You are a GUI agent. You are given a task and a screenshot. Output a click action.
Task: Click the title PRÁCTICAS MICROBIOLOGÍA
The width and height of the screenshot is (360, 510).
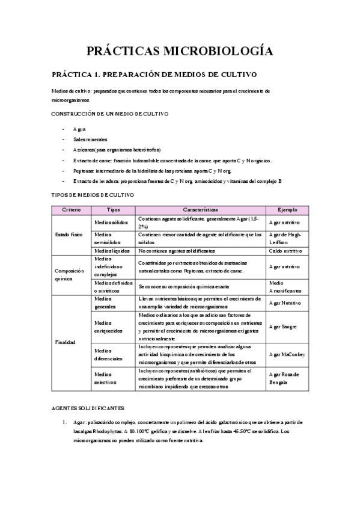click(x=180, y=51)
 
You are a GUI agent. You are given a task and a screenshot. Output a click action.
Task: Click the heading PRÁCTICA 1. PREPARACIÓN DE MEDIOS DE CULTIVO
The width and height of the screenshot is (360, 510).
click(x=154, y=75)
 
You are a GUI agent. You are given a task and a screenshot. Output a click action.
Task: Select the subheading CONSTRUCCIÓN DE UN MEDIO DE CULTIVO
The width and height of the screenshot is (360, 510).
click(x=110, y=113)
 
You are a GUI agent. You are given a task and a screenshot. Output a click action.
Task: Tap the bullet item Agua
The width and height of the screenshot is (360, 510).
click(x=79, y=129)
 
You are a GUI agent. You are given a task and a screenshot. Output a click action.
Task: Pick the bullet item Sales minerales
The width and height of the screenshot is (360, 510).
click(x=91, y=140)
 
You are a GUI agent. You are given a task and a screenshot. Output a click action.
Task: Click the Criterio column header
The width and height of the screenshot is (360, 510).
click(x=72, y=209)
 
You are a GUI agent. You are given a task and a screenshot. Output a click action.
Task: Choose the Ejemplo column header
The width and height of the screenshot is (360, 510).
click(x=287, y=209)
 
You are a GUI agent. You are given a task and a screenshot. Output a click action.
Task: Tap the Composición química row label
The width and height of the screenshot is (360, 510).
click(x=69, y=275)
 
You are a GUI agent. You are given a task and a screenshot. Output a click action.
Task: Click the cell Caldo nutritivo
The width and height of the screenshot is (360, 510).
click(x=285, y=250)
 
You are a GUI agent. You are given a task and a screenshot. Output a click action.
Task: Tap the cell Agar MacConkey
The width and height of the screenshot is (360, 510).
click(x=287, y=354)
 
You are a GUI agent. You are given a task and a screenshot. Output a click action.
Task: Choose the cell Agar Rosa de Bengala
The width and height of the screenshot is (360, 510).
click(x=284, y=378)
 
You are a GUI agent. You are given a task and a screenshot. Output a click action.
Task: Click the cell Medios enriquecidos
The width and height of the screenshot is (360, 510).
click(x=108, y=327)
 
